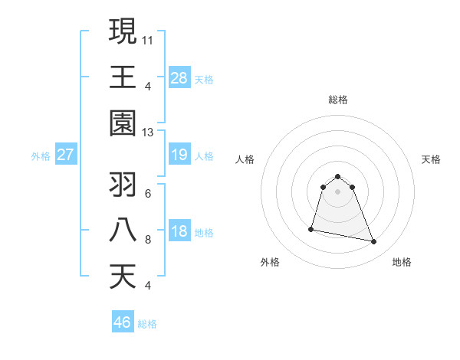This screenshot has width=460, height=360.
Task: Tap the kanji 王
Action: click(123, 76)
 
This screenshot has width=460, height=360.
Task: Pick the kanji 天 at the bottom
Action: click(123, 277)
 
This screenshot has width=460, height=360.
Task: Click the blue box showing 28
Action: click(179, 77)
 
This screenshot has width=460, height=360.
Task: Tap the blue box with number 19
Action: click(179, 155)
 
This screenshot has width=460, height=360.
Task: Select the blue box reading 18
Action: click(179, 232)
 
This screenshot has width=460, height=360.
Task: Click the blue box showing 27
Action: click(65, 155)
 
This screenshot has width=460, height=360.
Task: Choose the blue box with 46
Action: click(123, 322)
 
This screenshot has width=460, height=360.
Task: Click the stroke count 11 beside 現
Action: click(148, 38)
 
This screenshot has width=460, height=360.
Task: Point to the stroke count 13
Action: click(148, 133)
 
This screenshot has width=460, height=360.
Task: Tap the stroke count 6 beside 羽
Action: click(147, 192)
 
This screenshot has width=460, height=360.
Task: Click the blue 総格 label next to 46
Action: click(148, 324)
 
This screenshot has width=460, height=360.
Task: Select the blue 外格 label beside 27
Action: click(41, 156)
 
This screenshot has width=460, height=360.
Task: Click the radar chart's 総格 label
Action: click(337, 100)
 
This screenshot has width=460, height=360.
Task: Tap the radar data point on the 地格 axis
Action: click(374, 242)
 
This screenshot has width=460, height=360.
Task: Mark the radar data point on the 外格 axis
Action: click(311, 228)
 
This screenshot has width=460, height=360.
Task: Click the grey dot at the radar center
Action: click(337, 191)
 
